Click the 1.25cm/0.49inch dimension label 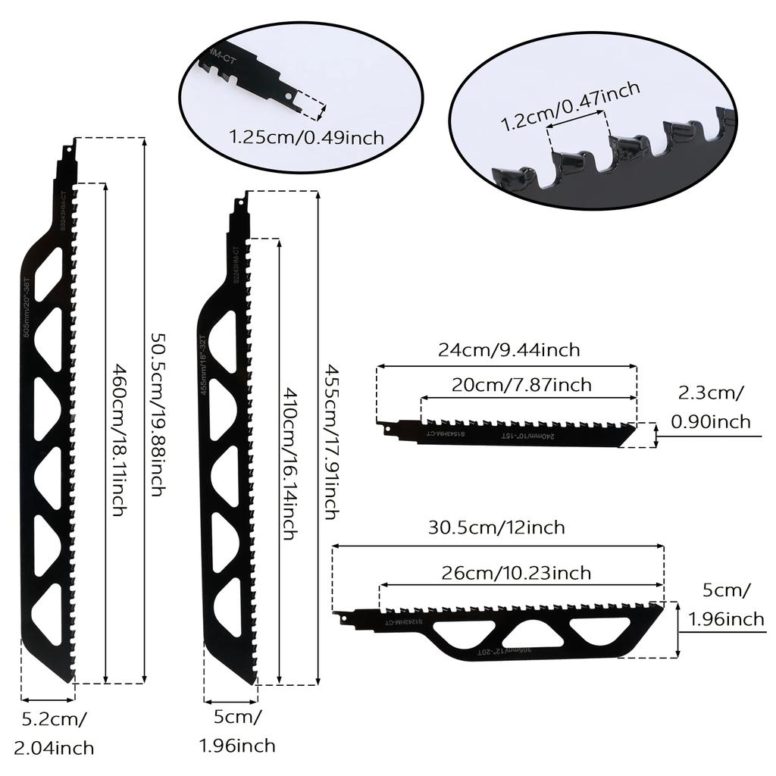[x=307, y=137]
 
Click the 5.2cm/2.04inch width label [x=56, y=732]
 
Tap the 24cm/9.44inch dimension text [x=508, y=349]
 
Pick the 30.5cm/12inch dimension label [x=496, y=527]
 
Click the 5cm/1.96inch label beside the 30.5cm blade [x=726, y=604]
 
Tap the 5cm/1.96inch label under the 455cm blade [x=237, y=730]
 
